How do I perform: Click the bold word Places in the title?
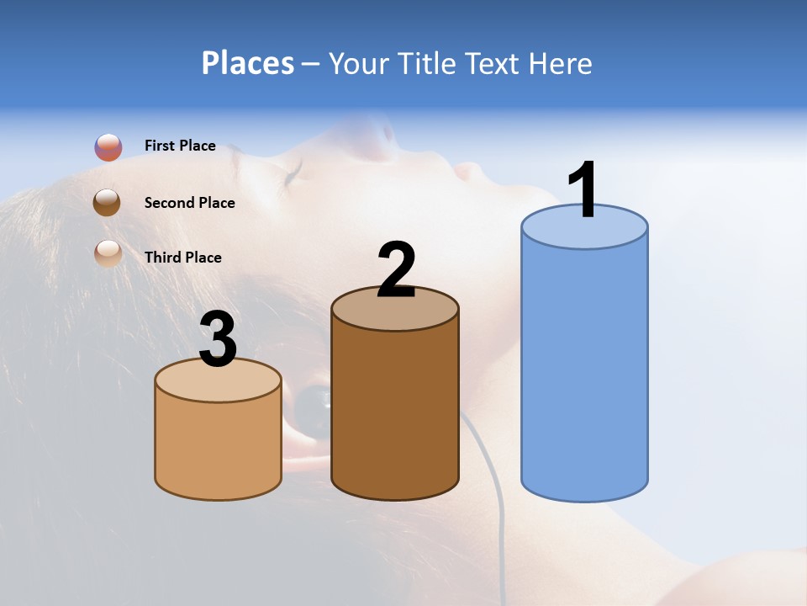tap(247, 63)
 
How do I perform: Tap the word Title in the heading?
tap(428, 63)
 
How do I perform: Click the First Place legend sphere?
tap(108, 147)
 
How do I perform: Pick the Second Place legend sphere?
tap(108, 203)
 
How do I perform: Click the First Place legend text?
tap(180, 146)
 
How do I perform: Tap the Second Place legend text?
tap(189, 203)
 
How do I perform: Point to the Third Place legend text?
tap(182, 258)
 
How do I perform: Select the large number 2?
tap(396, 270)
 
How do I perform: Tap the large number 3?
tap(218, 339)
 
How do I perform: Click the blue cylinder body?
tap(584, 370)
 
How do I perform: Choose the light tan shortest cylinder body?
tap(218, 446)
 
